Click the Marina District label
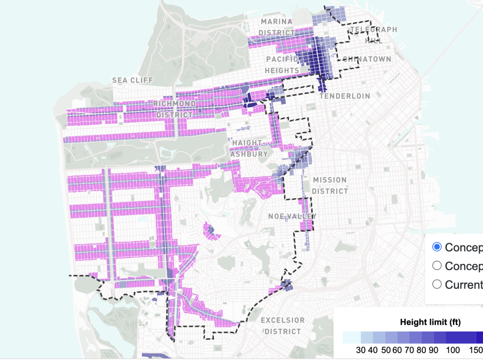click(x=277, y=27)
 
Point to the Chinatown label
click(x=367, y=59)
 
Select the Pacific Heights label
click(x=282, y=65)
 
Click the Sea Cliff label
click(x=132, y=80)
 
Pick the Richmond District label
click(x=175, y=109)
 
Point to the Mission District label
click(x=330, y=185)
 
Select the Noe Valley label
click(x=293, y=216)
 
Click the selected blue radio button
click(x=437, y=247)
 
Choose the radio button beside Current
click(x=437, y=284)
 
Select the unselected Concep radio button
click(x=437, y=265)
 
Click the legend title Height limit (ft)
click(x=430, y=322)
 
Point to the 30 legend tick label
click(x=361, y=350)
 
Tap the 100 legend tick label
click(x=451, y=350)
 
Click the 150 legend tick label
click(x=475, y=350)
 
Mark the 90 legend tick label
click(x=433, y=350)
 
